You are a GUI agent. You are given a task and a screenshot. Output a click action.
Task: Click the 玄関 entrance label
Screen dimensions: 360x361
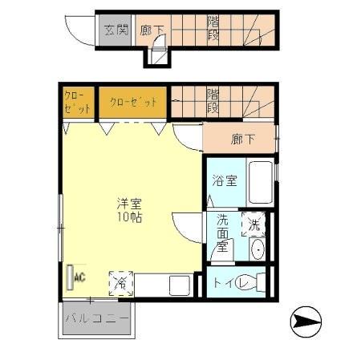[x=116, y=30]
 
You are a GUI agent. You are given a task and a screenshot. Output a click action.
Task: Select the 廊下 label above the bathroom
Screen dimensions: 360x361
[x=242, y=139]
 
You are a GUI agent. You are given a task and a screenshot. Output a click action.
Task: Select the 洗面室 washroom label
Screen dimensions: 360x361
[x=221, y=236]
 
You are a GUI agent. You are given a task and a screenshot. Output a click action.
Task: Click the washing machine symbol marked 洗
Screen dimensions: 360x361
[x=255, y=224]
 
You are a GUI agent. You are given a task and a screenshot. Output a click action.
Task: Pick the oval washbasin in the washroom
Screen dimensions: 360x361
[x=257, y=249]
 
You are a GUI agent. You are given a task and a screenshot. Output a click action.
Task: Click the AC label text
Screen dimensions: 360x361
[x=79, y=277]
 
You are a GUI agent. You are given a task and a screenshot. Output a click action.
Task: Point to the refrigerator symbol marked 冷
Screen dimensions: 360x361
[x=121, y=283]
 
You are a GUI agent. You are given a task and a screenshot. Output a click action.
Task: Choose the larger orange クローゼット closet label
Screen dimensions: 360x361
[x=132, y=102]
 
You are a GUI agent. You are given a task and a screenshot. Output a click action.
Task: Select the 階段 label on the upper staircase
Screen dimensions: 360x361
[x=213, y=30]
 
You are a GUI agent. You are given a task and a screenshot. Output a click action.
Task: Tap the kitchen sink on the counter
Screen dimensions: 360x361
[x=179, y=284]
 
